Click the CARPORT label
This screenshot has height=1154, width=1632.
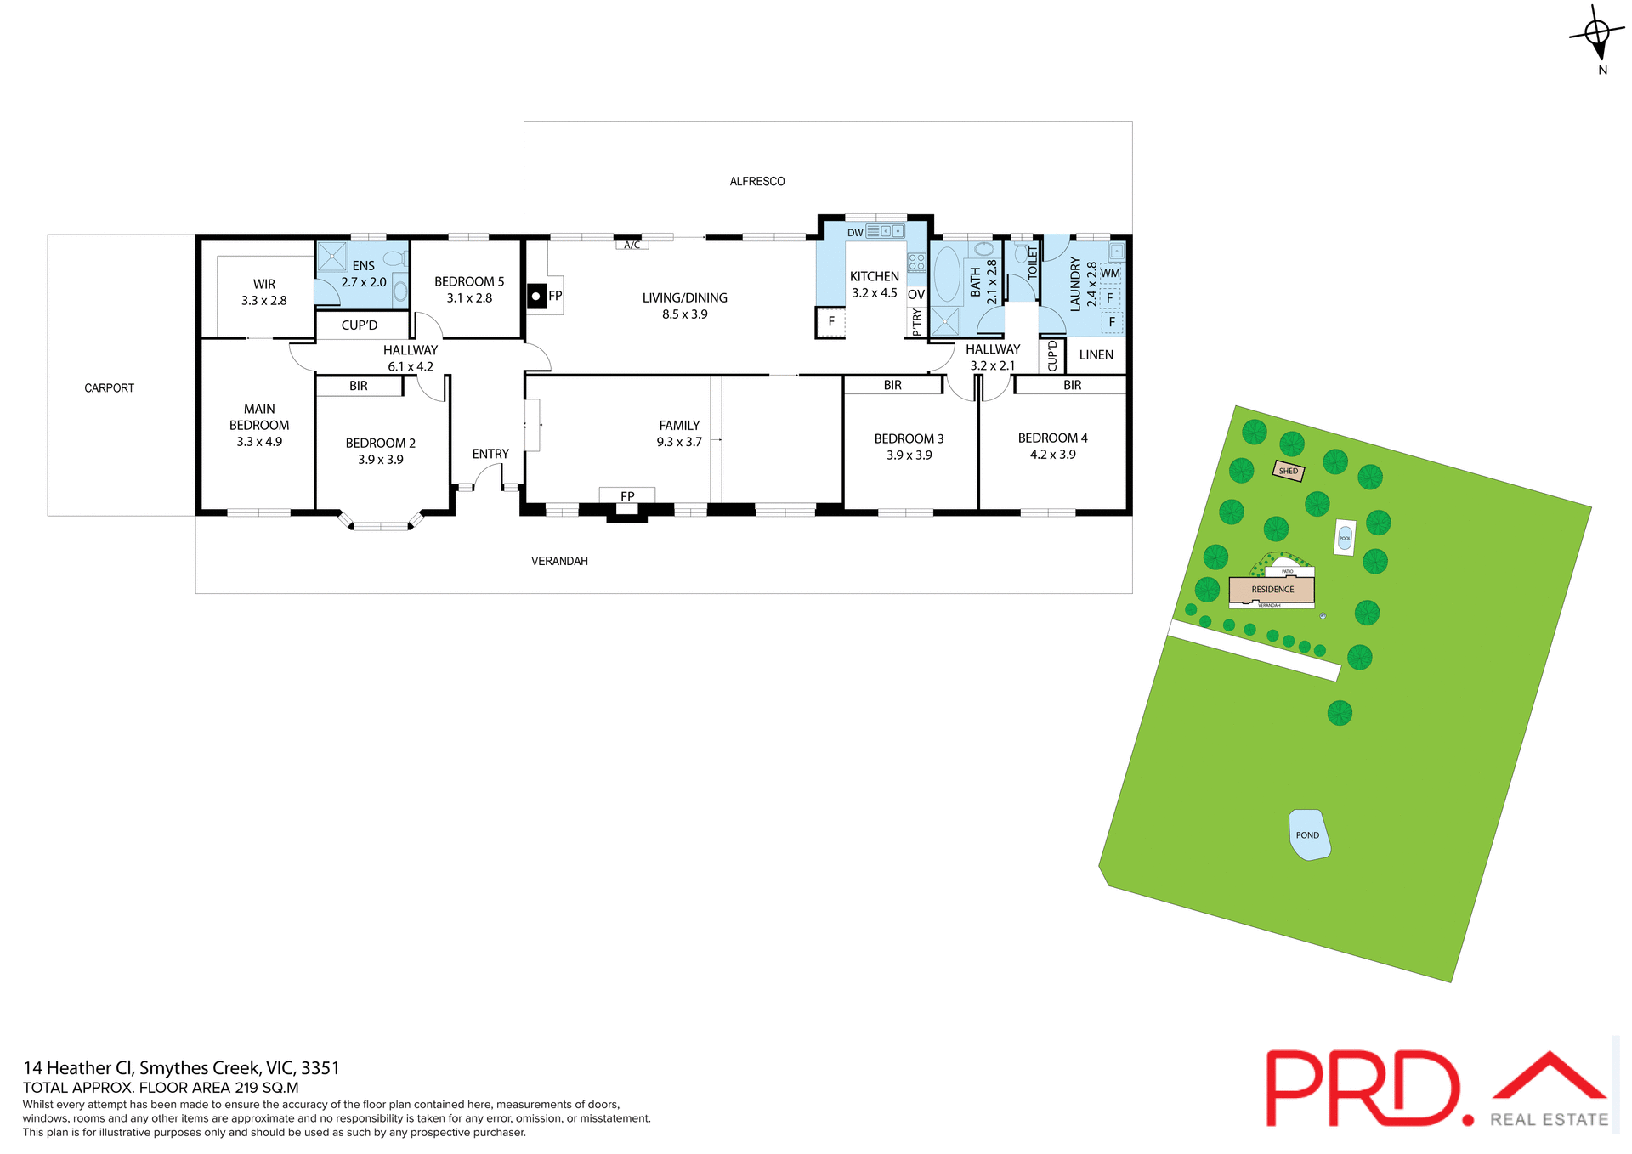(109, 388)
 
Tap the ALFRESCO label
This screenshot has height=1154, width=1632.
(756, 181)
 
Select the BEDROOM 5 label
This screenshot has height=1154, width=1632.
(469, 281)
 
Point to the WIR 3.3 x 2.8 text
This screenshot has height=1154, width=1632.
(263, 292)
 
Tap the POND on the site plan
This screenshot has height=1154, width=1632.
(1308, 834)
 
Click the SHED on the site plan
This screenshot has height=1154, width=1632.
(1289, 471)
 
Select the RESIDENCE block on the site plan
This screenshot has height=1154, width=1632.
(1272, 589)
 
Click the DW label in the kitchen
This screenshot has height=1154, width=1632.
(855, 233)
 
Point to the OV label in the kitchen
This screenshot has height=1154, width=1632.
(915, 295)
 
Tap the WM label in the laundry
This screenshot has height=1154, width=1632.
(1110, 274)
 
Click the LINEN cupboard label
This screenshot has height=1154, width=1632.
(1096, 355)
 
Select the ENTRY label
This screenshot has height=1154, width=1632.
(490, 454)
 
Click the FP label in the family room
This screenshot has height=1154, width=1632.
(627, 496)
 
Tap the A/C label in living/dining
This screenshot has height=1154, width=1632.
(632, 246)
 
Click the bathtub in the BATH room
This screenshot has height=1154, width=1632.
(946, 275)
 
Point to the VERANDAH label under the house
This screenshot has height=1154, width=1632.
(559, 561)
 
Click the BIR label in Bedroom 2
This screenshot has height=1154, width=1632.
(359, 386)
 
